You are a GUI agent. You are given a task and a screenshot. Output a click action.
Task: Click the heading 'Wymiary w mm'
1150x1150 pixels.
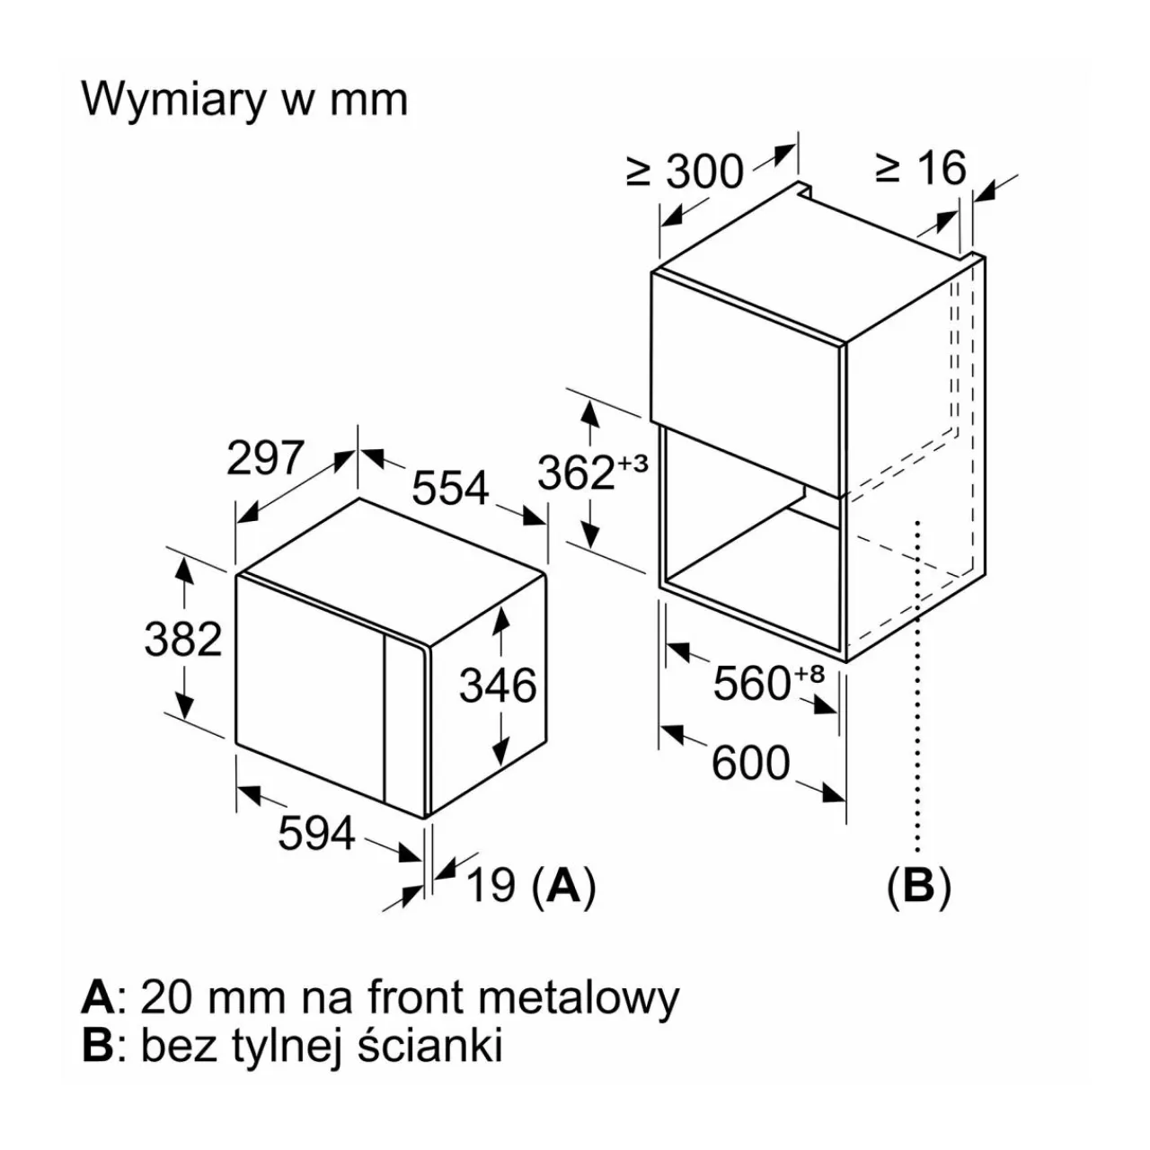(244, 100)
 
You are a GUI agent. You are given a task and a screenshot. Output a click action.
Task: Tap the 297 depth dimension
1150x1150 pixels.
(265, 458)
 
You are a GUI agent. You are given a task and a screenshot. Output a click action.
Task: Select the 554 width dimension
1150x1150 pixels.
(450, 488)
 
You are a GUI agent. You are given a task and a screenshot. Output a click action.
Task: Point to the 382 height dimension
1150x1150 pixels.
(183, 639)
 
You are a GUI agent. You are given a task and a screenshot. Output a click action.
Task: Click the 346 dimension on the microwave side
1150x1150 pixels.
(498, 686)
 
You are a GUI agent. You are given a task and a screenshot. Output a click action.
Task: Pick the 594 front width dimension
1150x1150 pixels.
(316, 834)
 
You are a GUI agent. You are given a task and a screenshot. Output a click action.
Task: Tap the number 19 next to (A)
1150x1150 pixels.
(491, 887)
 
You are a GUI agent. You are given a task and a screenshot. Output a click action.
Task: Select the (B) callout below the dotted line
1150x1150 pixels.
(918, 887)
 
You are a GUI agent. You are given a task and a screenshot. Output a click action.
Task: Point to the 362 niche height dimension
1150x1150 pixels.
(576, 473)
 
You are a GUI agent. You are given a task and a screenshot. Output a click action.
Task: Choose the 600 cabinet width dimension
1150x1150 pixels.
(751, 764)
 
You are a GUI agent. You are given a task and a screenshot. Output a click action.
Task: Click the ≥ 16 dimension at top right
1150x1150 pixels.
(921, 168)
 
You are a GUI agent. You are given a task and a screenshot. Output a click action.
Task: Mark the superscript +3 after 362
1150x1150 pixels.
(632, 464)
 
